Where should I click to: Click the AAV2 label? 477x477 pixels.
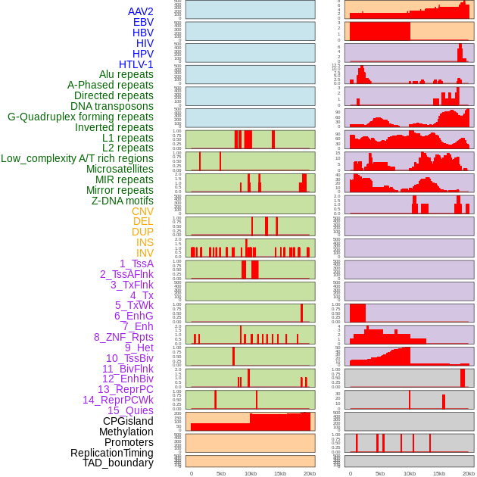point(140,11)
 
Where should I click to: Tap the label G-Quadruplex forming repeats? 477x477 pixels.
point(80,117)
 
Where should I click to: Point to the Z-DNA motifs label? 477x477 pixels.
point(122,201)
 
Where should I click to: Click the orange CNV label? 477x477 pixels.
point(142,211)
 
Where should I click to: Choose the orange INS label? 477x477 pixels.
point(145,242)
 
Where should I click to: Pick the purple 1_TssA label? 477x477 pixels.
point(136,263)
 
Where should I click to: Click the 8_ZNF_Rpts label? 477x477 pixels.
point(123,337)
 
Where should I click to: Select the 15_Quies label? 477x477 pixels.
point(130,410)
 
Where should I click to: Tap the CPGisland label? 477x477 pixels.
point(128,421)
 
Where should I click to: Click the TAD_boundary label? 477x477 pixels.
point(118,463)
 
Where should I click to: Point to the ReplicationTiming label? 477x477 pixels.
point(111,453)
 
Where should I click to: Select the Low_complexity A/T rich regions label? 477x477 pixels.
point(77,158)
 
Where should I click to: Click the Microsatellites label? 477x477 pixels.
point(120,169)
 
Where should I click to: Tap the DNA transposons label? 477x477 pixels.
point(112,106)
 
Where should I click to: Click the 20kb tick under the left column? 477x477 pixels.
point(310,473)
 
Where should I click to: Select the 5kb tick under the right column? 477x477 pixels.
point(380,473)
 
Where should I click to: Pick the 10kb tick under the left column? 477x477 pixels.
point(251,473)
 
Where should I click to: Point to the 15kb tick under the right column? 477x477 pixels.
point(439,473)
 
